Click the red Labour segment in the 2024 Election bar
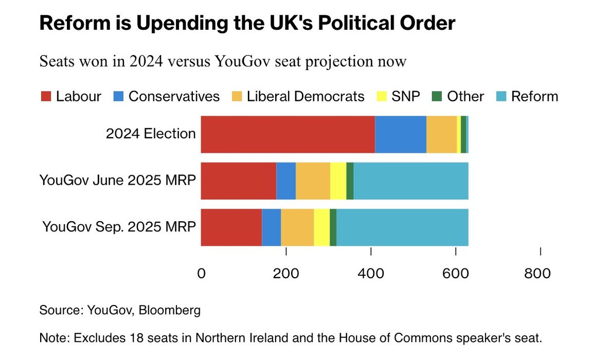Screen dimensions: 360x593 [287, 134]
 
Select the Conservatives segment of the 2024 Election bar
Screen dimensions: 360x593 [401, 134]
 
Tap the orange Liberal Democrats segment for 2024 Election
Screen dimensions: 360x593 [441, 134]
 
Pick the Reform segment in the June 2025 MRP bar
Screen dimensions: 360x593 [411, 181]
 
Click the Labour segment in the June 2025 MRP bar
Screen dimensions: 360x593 [238, 181]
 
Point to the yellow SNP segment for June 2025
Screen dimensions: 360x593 [338, 181]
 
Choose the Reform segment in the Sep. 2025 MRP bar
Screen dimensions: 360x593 [402, 227]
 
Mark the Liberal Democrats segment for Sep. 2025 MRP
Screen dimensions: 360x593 [297, 227]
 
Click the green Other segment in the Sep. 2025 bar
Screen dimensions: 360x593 [333, 227]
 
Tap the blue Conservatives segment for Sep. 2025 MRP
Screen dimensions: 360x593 [271, 227]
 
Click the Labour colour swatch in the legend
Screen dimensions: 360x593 [46, 97]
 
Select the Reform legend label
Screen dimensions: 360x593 [534, 97]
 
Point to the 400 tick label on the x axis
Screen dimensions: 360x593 [371, 274]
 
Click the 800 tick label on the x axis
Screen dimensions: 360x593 [537, 274]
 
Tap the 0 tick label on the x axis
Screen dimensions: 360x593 [201, 274]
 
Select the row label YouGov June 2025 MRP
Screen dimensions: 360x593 [118, 181]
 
